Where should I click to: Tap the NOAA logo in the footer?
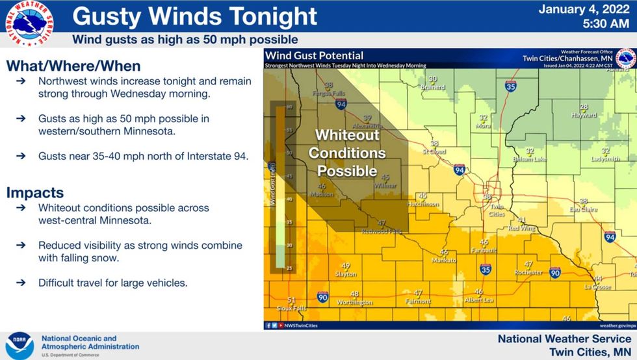pos(20,345)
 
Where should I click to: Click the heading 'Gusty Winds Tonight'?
pos(194,16)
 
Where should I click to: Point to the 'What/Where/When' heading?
pos(73,66)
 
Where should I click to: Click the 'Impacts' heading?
pos(35,192)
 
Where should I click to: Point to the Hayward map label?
pos(584,114)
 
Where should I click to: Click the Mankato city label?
pos(445,259)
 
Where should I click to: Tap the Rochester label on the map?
pos(528,272)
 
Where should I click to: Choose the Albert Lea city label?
pos(479,300)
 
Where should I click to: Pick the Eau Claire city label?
pos(583,209)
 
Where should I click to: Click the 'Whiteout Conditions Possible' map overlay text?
pos(347,153)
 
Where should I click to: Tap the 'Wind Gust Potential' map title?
pos(314,56)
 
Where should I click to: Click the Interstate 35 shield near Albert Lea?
pos(486,268)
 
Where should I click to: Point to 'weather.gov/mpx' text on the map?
pos(616,325)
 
